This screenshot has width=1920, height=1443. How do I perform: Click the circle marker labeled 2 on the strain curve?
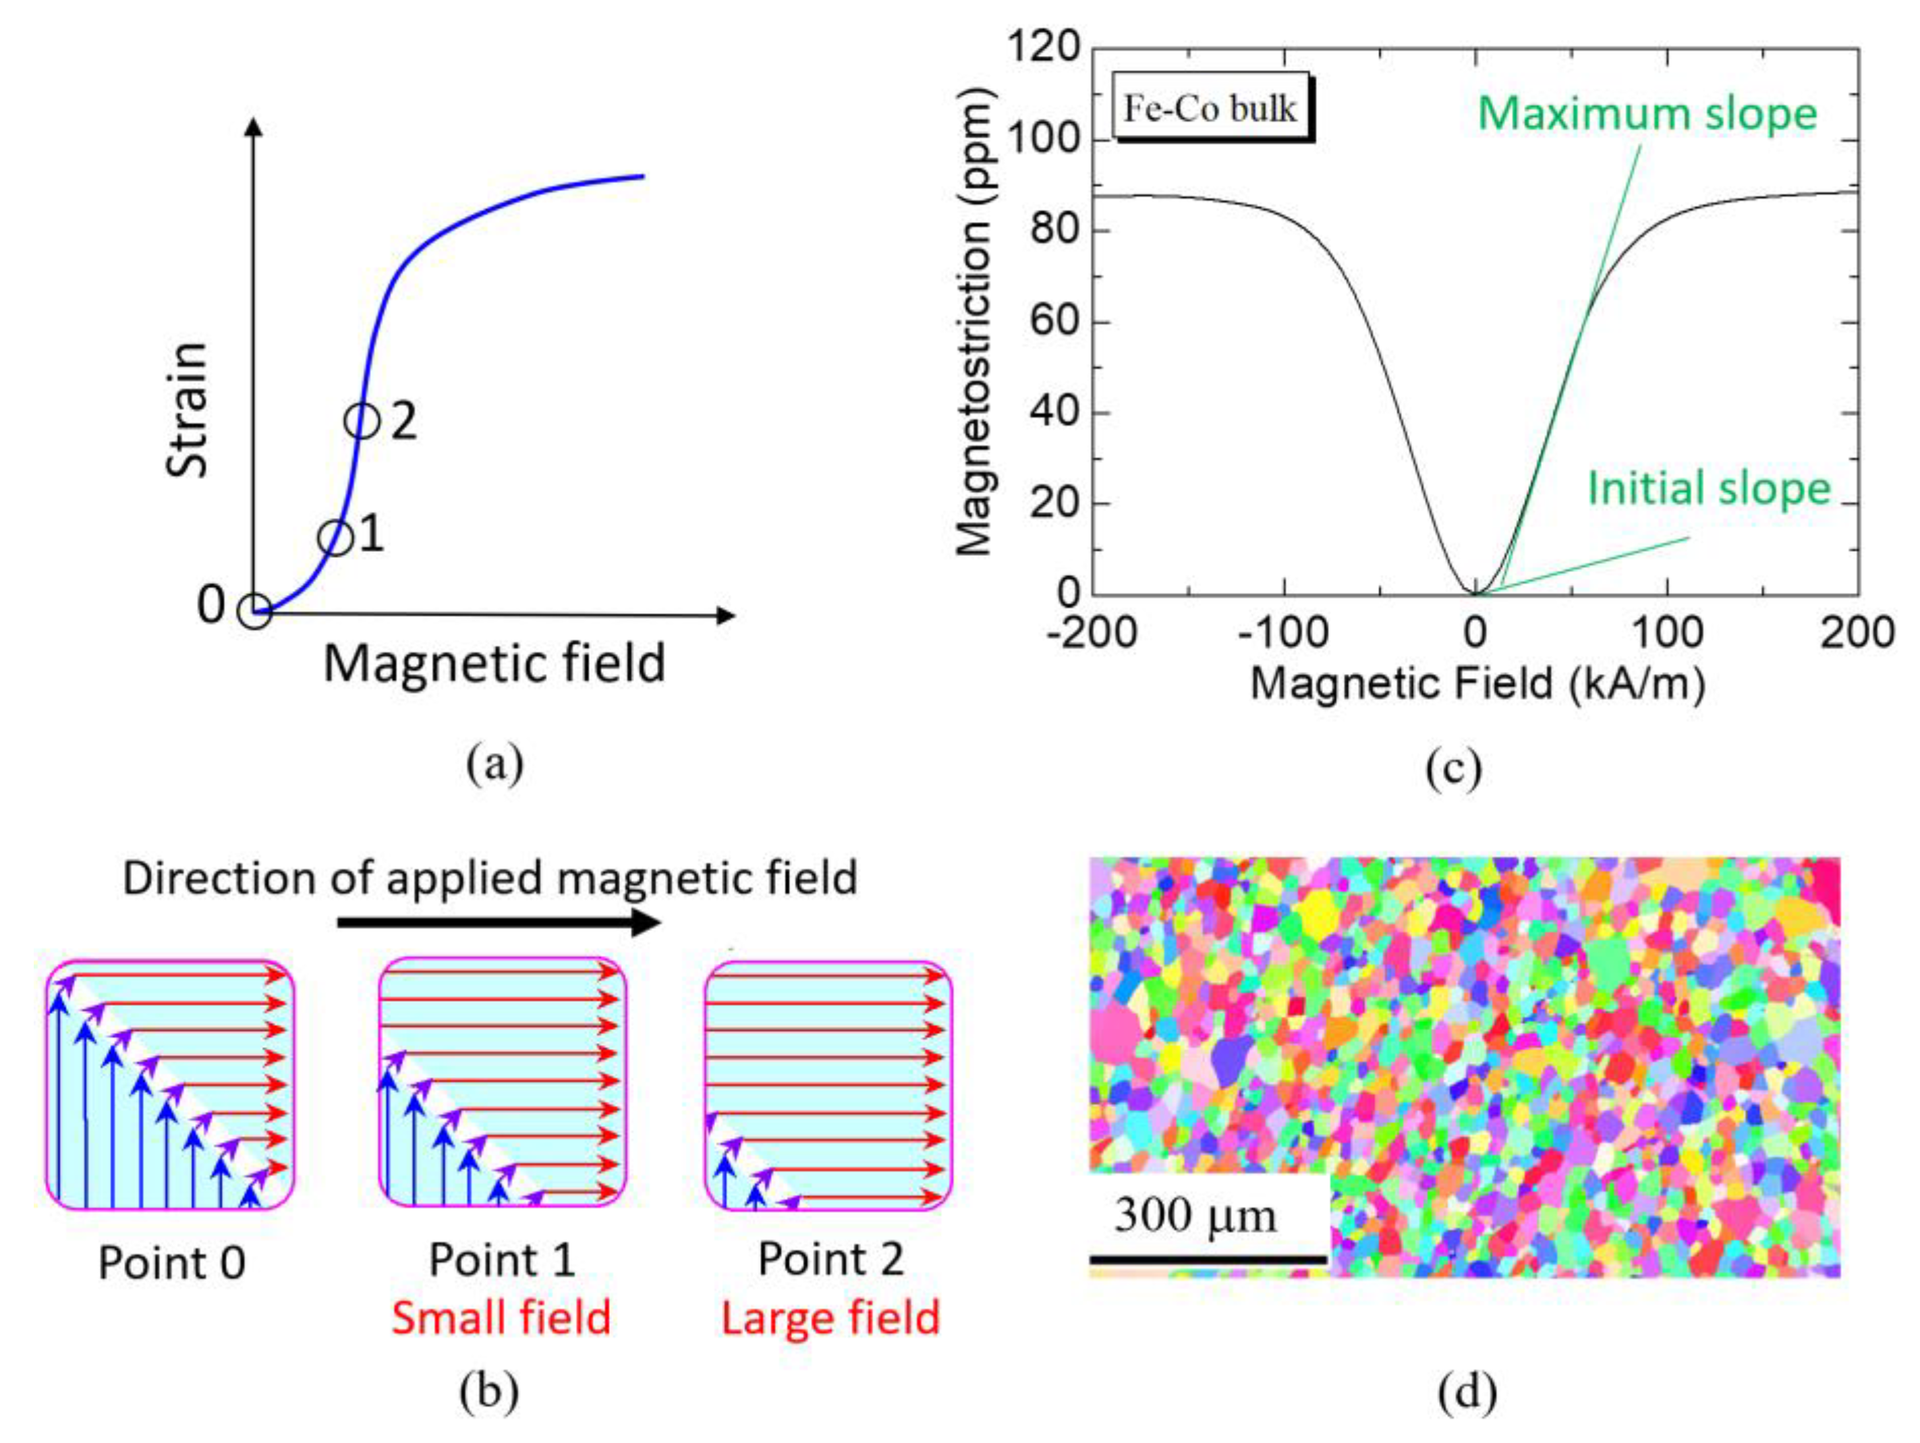(x=362, y=421)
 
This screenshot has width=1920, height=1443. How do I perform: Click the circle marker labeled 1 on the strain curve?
(x=335, y=538)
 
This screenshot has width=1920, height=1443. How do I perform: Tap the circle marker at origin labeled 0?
(x=254, y=611)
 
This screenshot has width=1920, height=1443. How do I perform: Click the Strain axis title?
(x=188, y=409)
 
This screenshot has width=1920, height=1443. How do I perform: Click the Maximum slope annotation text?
(x=1647, y=114)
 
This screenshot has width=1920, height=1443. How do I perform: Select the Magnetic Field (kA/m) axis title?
(x=1477, y=684)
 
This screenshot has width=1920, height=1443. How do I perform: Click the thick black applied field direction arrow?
(x=499, y=922)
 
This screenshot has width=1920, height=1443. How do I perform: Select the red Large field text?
(x=830, y=1318)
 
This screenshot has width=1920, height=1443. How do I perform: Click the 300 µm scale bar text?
(x=1195, y=1216)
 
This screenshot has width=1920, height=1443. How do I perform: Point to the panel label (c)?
(x=1453, y=768)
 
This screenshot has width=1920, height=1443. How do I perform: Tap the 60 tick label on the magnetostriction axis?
(x=1054, y=322)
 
